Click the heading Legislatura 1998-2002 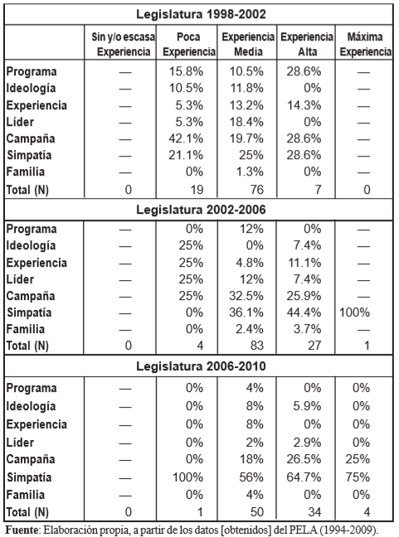point(201,14)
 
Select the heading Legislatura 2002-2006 point(201,210)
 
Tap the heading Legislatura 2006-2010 point(201,366)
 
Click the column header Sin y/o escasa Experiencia point(124,44)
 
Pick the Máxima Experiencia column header point(365,44)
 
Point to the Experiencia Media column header point(248,44)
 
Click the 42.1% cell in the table point(186,138)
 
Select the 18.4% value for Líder point(246,122)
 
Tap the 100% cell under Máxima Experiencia point(354,312)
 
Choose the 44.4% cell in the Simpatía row point(304,312)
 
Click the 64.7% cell point(304,477)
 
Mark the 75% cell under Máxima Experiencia point(358,477)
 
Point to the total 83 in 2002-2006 point(257,346)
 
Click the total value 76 point(257,190)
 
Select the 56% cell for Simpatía point(251,477)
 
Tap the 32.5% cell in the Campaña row point(246,296)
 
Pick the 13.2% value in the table point(246,105)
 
